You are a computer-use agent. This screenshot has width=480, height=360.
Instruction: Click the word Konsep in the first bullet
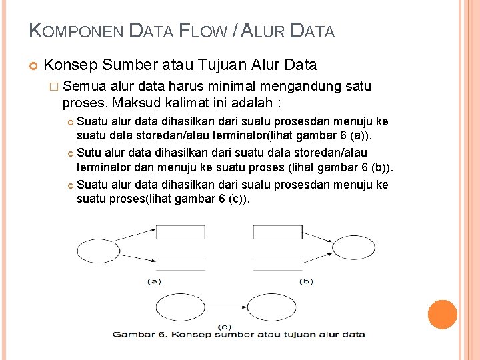[x=70, y=65]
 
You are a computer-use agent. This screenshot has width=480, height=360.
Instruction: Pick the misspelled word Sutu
[x=89, y=153]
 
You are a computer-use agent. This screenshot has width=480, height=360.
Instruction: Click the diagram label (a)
[x=154, y=281]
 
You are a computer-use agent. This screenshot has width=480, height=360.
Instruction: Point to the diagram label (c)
[x=225, y=326]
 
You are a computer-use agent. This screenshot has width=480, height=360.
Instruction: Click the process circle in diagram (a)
[x=98, y=252]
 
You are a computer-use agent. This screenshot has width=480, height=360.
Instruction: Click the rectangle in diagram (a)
[x=180, y=233]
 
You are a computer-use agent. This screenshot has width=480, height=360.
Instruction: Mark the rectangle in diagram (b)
[x=277, y=233]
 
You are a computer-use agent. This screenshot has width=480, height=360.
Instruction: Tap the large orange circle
[x=442, y=315]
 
